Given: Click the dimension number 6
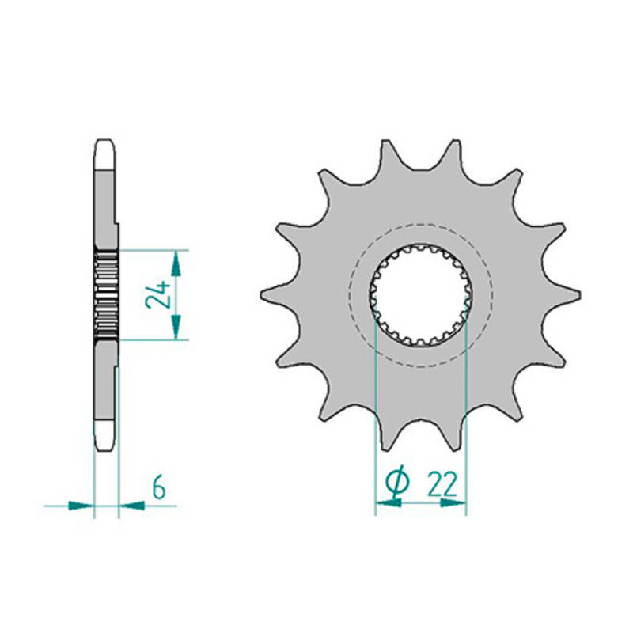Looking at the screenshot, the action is pyautogui.click(x=159, y=487).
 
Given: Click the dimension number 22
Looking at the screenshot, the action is pyautogui.click(x=442, y=483).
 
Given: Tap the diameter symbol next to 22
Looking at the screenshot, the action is pyautogui.click(x=398, y=481).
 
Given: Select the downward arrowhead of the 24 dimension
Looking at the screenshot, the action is pyautogui.click(x=176, y=327).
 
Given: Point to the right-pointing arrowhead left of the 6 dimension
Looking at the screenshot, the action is pyautogui.click(x=81, y=505).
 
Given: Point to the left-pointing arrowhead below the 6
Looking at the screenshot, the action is pyautogui.click(x=132, y=505).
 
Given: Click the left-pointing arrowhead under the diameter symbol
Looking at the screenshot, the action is pyautogui.click(x=389, y=502).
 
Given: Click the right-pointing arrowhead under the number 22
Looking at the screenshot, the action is pyautogui.click(x=453, y=502).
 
